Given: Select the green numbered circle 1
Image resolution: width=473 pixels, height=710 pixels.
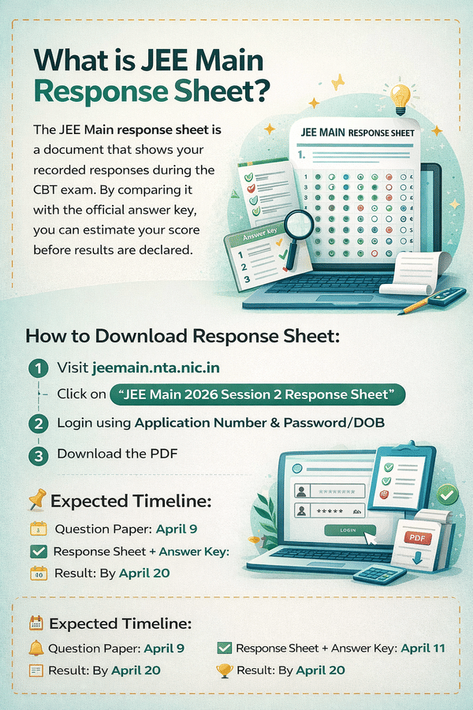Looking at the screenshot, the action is coord(39,368).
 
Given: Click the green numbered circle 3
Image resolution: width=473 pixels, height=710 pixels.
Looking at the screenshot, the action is coord(39,455).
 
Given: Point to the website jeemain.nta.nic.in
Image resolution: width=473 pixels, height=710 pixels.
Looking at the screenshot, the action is coord(156,367).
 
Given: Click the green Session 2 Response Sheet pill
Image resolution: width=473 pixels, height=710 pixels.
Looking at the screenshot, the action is coord(258,394).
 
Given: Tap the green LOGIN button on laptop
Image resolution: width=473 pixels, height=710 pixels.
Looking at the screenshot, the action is coord(349,530).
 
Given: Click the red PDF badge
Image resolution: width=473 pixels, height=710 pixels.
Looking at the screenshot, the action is coord(417,538).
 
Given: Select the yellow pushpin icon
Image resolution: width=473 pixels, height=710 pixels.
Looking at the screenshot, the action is coord(37,499).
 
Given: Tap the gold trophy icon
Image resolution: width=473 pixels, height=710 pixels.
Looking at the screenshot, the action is coord(225,671).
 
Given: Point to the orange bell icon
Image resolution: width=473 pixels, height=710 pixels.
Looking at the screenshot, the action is coord(35,648).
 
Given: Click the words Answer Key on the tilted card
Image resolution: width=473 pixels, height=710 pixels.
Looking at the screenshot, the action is coord(260,234).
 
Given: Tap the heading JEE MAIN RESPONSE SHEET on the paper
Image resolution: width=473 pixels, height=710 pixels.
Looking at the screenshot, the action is coord(358,133).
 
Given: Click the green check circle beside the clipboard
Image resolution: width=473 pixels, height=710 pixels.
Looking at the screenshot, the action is coord(447,495).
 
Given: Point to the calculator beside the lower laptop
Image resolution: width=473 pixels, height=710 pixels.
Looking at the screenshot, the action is coord(379,574).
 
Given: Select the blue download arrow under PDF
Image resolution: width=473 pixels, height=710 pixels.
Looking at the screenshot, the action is coord(417,557).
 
